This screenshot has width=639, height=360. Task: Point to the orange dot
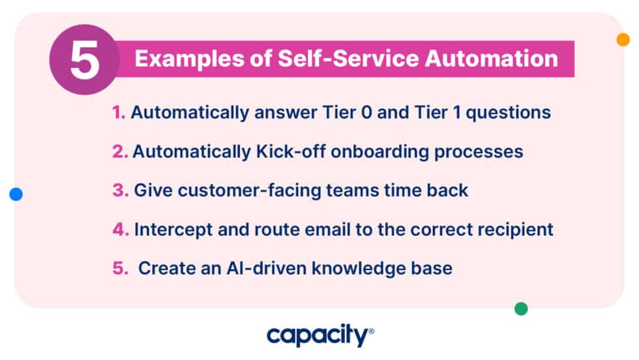click(623, 39)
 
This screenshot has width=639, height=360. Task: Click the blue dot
click(16, 194)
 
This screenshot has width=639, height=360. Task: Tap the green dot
click(521, 308)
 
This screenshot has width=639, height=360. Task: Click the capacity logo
click(319, 337)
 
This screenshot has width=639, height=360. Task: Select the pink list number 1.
click(118, 113)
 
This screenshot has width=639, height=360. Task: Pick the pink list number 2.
click(119, 152)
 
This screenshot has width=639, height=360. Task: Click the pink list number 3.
click(120, 191)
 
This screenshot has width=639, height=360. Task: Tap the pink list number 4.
click(121, 230)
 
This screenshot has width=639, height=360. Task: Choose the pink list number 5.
click(120, 269)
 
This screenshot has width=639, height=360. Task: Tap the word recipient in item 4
click(518, 230)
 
